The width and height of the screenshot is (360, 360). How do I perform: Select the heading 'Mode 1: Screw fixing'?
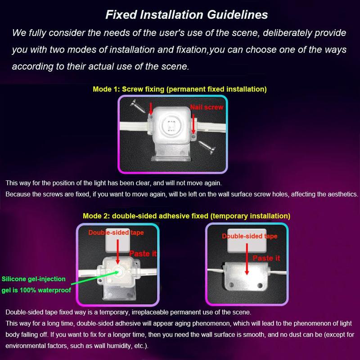pyautogui.click(x=180, y=89)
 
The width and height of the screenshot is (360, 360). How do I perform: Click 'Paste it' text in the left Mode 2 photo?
pyautogui.click(x=143, y=253)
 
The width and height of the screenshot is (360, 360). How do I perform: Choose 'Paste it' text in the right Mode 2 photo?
pyautogui.click(x=265, y=258)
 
